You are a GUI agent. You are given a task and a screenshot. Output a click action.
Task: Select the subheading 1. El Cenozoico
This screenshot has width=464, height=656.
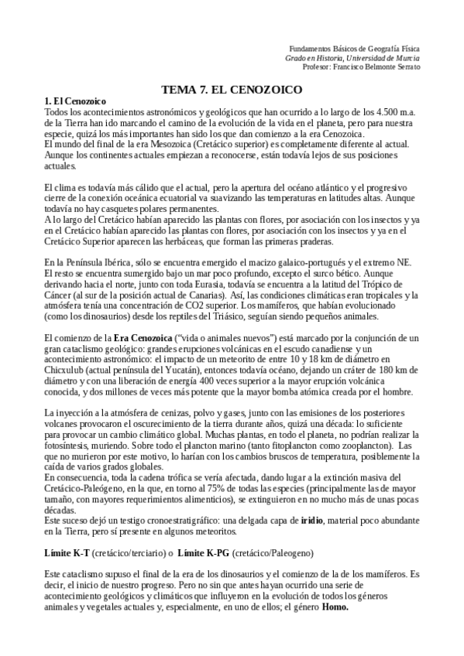[x=75, y=102]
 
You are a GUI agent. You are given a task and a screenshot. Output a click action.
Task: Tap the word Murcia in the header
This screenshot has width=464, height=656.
[x=407, y=57]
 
